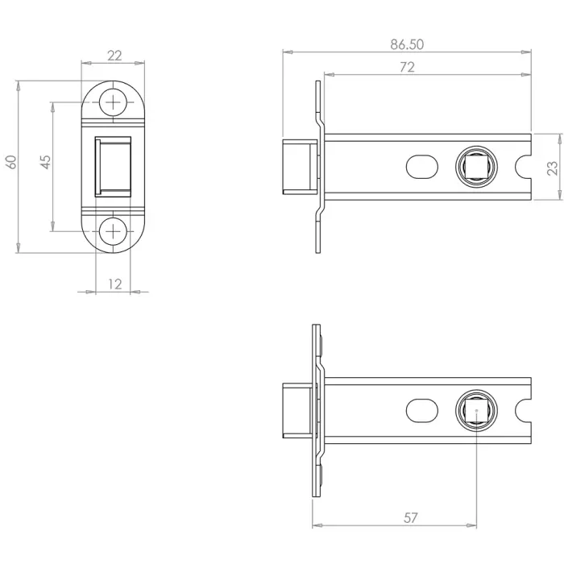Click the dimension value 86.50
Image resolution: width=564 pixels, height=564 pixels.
click(407, 44)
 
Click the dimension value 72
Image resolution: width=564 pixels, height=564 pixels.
click(407, 68)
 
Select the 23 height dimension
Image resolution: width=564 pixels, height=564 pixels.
click(552, 167)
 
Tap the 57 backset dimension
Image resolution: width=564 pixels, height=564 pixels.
click(411, 518)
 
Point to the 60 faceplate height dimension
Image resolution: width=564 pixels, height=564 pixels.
click(10, 161)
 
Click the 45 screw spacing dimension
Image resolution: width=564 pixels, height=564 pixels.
click(46, 161)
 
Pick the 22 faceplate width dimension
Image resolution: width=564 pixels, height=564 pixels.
click(114, 56)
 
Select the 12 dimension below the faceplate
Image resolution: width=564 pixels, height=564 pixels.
click(114, 284)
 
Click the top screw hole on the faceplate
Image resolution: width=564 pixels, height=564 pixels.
click(114, 102)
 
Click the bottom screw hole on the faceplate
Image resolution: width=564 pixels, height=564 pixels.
click(114, 230)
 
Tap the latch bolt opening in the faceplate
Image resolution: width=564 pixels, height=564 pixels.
click(114, 166)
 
